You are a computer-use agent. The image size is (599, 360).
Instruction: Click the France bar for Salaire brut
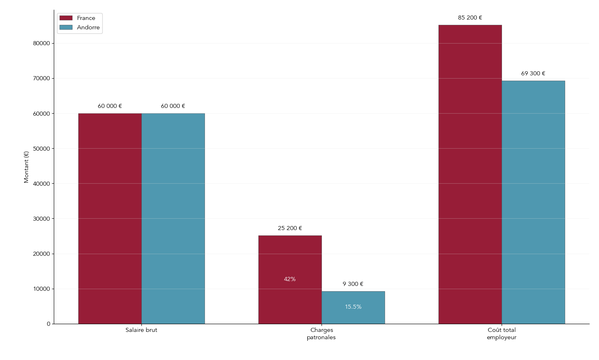(110, 219)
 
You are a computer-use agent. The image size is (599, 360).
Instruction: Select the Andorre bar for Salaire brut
(173, 219)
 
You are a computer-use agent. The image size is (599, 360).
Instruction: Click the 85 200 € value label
(470, 18)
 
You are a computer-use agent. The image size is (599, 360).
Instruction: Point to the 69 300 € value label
(533, 74)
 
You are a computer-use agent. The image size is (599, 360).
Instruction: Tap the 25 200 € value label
(290, 228)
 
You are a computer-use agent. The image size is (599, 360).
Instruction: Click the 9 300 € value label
(353, 284)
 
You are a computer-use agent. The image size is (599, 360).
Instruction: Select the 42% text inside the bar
(290, 279)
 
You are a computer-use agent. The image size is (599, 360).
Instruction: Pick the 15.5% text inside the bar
(353, 307)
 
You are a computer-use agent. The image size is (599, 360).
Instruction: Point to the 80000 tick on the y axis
(42, 44)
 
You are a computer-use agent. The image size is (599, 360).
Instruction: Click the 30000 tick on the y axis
(42, 219)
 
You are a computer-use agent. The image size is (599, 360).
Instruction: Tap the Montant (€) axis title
(26, 167)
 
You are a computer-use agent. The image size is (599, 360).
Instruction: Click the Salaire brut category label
(141, 330)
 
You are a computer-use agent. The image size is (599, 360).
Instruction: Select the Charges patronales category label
(322, 334)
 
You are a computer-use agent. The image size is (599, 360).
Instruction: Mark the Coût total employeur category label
(502, 334)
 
